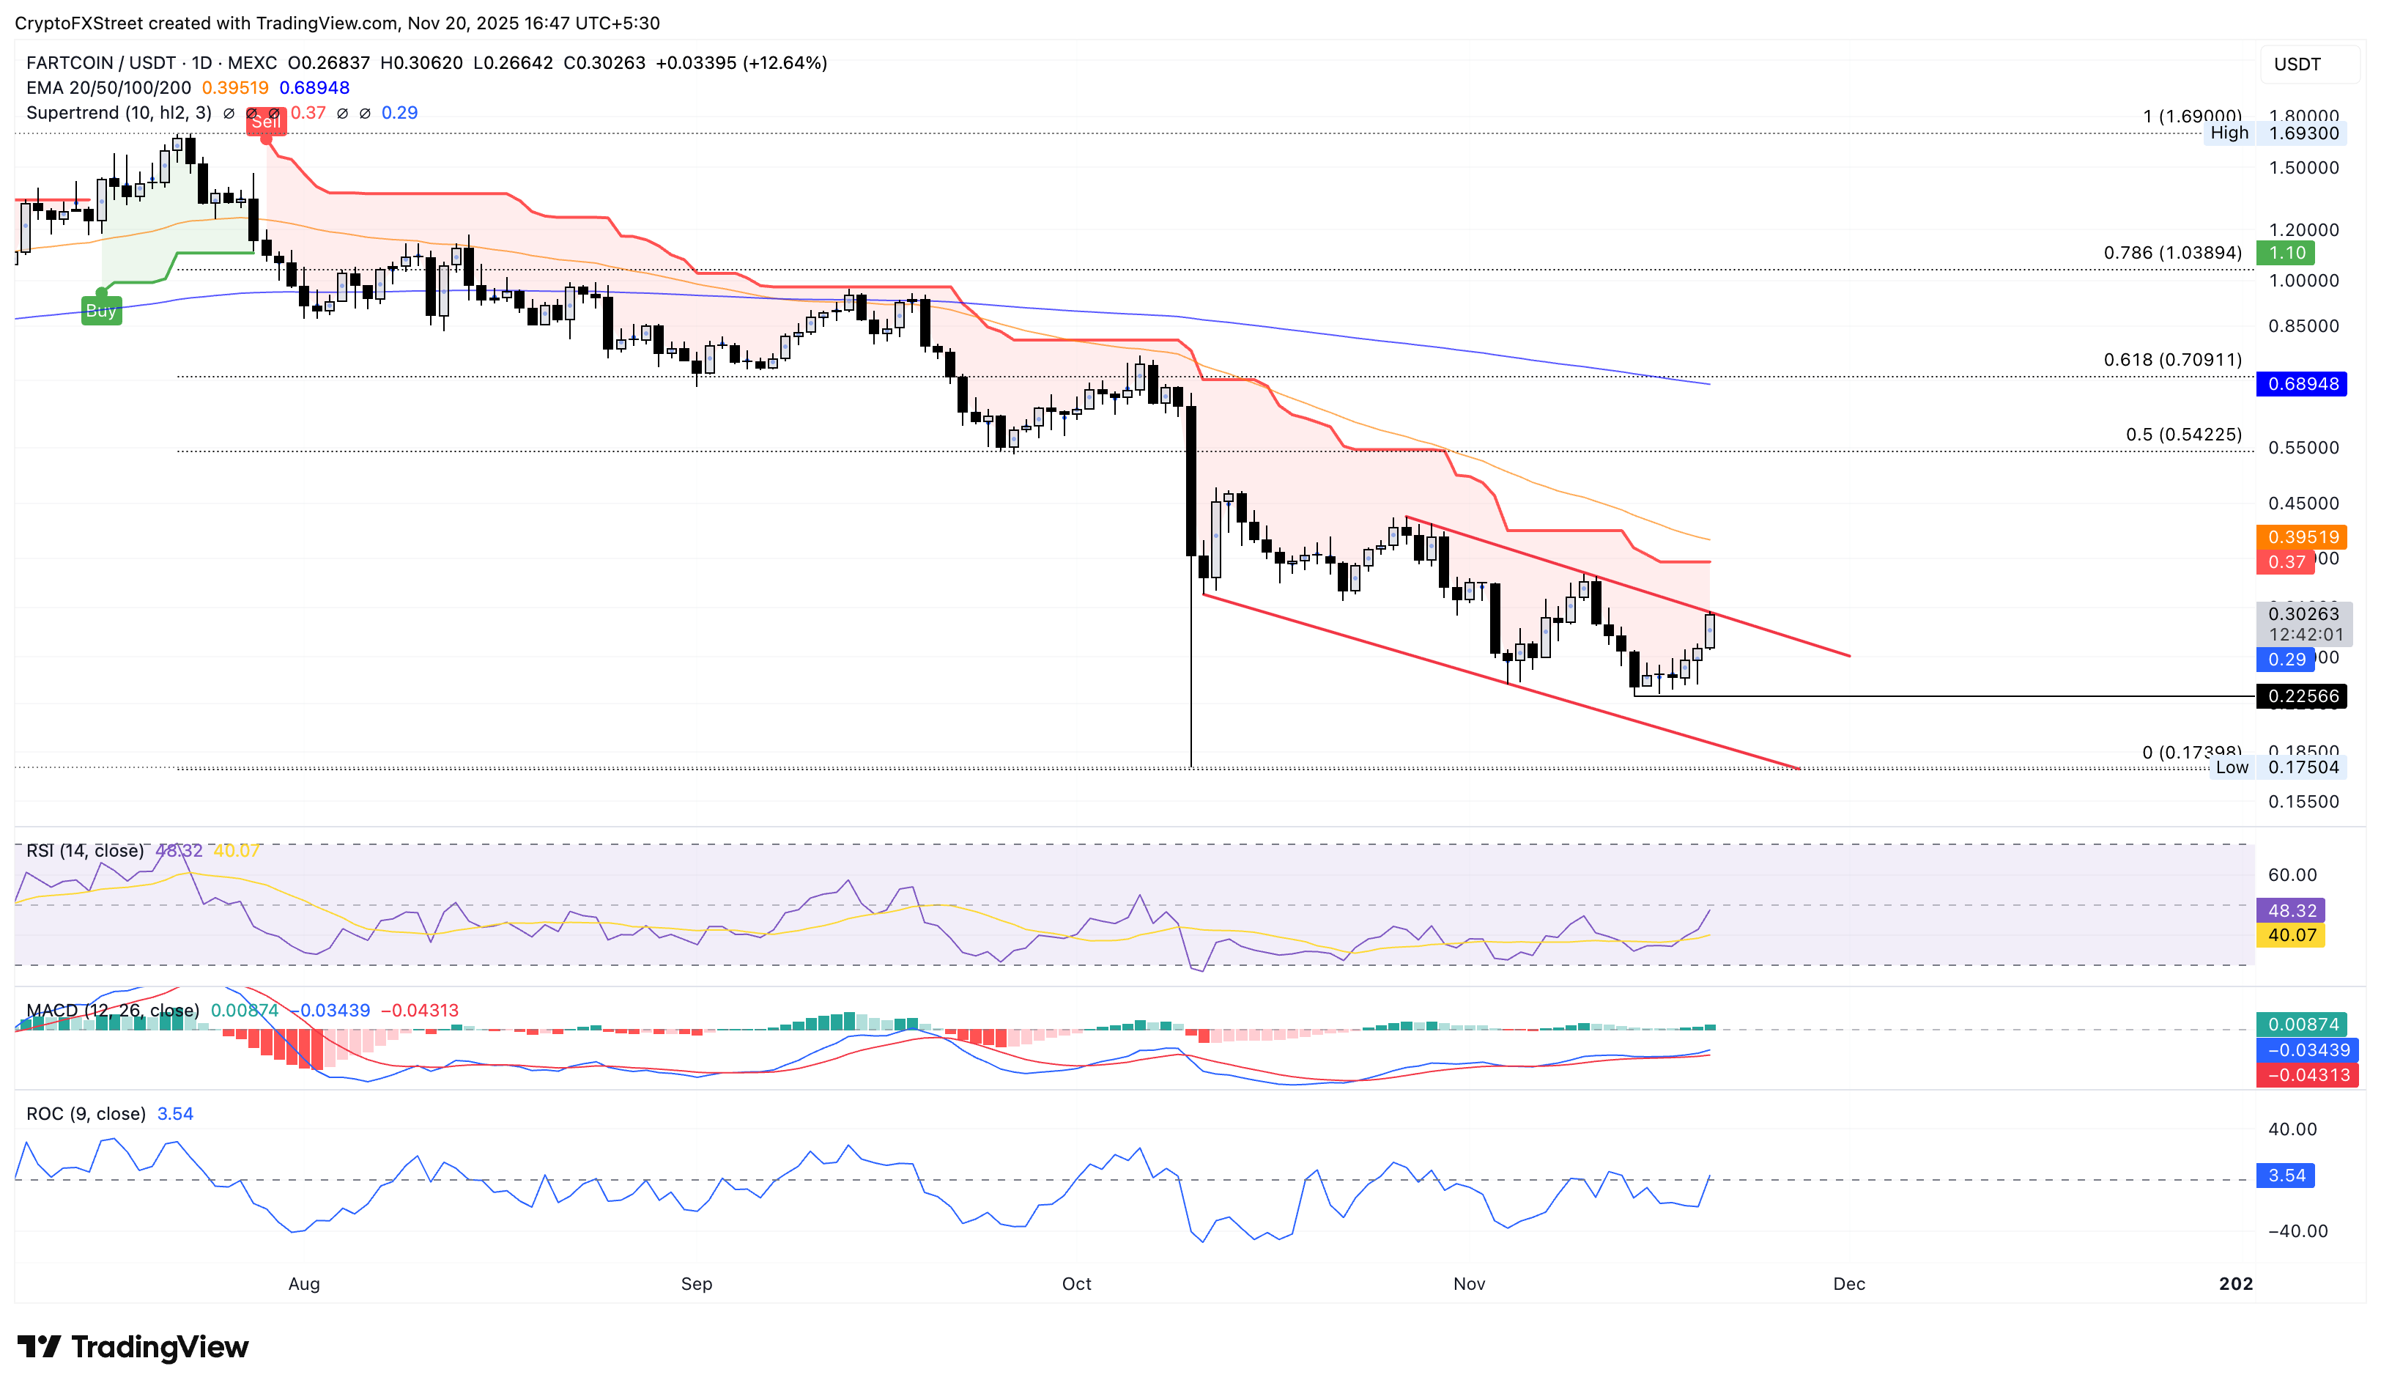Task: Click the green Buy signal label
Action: (101, 311)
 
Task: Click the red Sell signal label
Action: (265, 122)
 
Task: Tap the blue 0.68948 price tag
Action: (2302, 383)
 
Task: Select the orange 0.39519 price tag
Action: (2302, 536)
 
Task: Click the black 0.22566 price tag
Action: (2302, 696)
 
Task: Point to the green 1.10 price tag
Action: (2286, 252)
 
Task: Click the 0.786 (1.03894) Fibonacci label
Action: (2172, 252)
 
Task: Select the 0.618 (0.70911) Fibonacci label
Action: (2172, 359)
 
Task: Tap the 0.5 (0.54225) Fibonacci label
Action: (2182, 435)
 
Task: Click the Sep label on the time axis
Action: (696, 1283)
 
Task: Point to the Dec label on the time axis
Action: (1849, 1283)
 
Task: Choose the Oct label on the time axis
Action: (1076, 1283)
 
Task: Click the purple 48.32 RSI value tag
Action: (2291, 911)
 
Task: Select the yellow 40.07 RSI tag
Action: (2291, 936)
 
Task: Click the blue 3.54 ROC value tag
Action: (2286, 1176)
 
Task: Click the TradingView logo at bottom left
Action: (133, 1346)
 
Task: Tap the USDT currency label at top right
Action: (2297, 64)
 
